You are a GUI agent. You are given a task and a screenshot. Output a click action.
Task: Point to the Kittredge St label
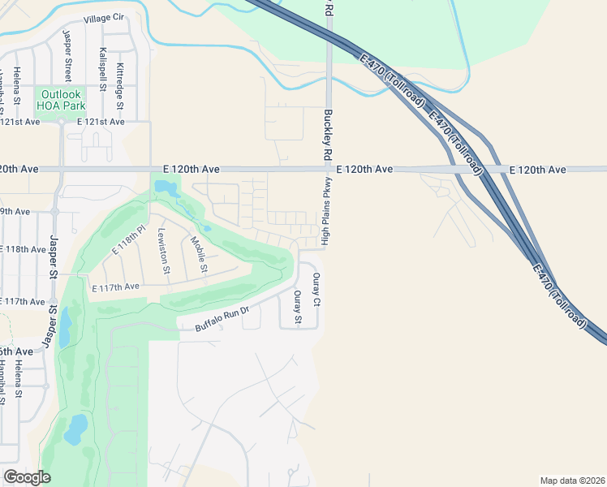pyautogui.click(x=120, y=85)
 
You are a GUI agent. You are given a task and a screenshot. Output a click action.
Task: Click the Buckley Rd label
pyautogui.click(x=328, y=136)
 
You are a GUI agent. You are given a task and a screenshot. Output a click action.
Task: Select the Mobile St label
pyautogui.click(x=198, y=253)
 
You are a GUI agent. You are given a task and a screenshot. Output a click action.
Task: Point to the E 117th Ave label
pyautogui.click(x=115, y=287)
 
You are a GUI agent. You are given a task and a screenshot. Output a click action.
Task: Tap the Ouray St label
pyautogui.click(x=298, y=308)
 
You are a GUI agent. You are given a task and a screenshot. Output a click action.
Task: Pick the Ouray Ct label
pyautogui.click(x=317, y=290)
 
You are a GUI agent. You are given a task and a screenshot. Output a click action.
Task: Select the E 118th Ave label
pyautogui.click(x=23, y=249)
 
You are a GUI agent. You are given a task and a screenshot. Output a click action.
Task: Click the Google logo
pyautogui.click(x=27, y=476)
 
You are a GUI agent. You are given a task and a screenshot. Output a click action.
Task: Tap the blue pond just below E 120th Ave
pyautogui.click(x=166, y=189)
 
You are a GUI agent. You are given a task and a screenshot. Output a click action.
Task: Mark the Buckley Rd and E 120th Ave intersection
pyautogui.click(x=329, y=170)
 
